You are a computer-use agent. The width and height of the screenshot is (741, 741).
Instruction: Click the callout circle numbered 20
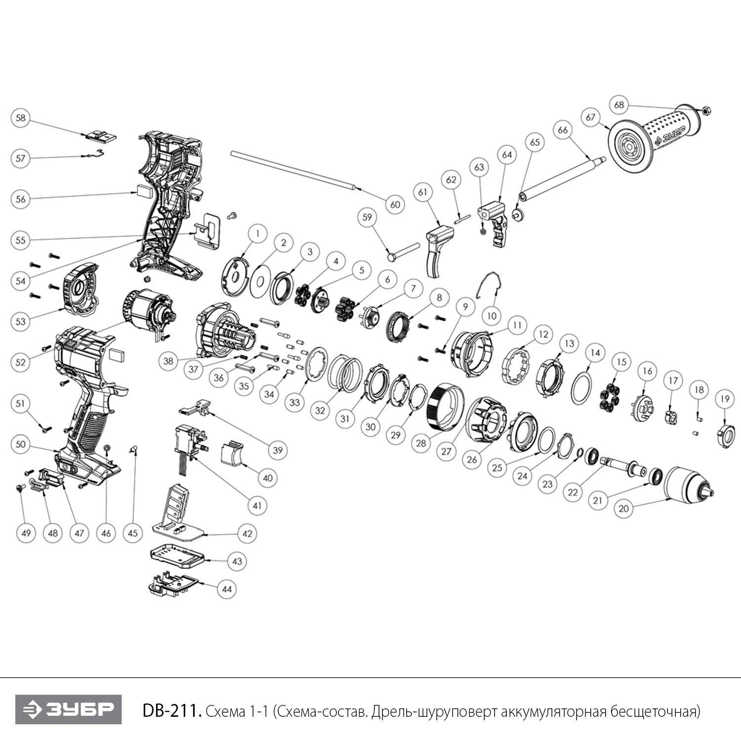pos(624,508)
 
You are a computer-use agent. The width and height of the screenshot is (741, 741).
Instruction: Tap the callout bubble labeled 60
pos(395,205)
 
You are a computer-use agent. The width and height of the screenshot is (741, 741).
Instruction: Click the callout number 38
pos(168,361)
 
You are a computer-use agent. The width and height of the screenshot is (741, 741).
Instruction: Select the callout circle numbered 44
pos(227,589)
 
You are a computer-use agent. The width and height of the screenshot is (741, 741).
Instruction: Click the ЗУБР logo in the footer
pos(68,709)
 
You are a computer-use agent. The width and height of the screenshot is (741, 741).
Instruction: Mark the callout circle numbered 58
pos(20,118)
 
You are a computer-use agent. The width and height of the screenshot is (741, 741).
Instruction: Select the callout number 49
pos(26,533)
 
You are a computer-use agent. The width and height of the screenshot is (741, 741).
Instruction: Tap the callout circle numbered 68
pos(619,105)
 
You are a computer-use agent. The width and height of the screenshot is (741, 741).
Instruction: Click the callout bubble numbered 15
pos(621,362)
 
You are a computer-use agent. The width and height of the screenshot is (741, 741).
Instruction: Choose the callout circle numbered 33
pos(294,402)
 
